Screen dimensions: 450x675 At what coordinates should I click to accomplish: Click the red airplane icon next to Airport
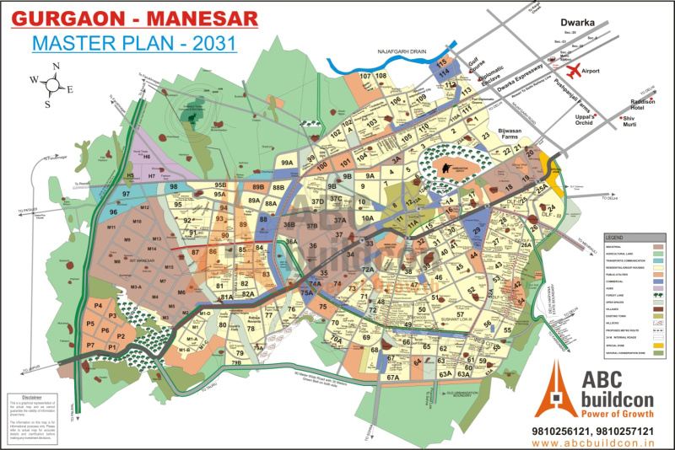pos(576,69)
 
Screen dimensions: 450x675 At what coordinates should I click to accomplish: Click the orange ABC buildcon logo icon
pos(554,389)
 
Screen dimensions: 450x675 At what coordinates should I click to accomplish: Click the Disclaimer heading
pos(31,396)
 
